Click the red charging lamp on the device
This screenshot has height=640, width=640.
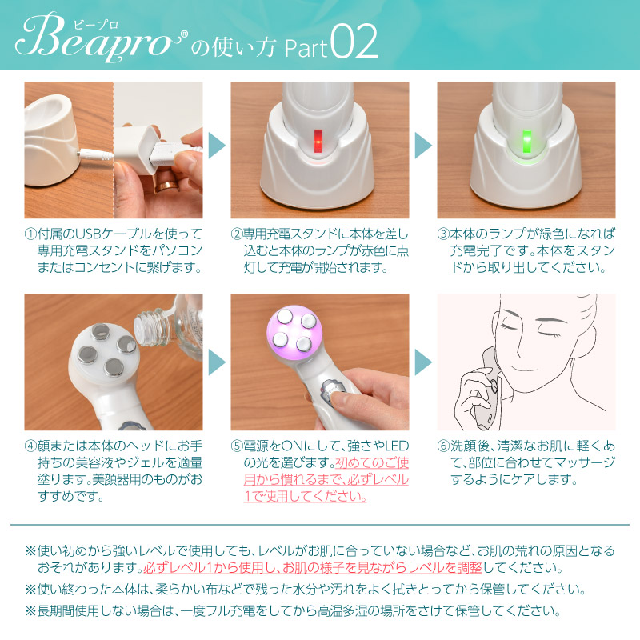[318, 141]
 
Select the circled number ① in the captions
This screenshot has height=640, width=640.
[30, 234]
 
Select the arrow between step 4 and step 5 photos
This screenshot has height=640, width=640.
[216, 362]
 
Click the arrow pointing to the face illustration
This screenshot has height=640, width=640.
[422, 362]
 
